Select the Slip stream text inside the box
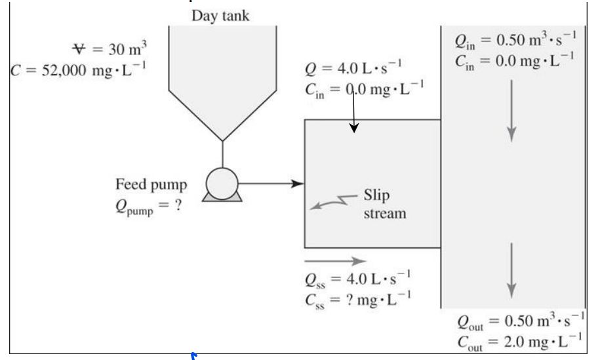point(384,204)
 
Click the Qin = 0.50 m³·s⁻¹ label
point(515,41)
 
